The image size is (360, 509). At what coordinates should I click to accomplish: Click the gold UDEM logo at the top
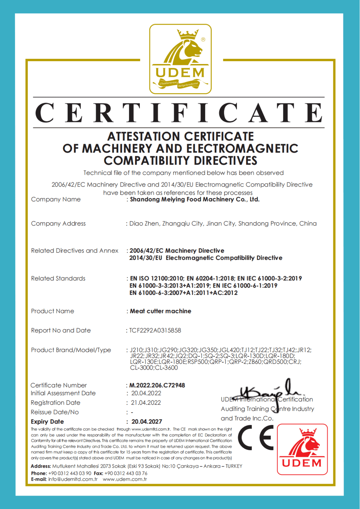coord(180,59)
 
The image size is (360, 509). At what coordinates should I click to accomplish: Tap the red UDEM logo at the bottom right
coord(302,449)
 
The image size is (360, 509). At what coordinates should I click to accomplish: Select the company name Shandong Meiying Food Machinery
coord(195,200)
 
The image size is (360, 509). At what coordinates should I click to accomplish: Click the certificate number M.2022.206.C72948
coord(157,385)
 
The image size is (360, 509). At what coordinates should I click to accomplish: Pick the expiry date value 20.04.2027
coord(147,422)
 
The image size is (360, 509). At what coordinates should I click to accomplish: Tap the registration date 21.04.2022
coord(146,403)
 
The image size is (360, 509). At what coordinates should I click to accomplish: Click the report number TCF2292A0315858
coord(155,330)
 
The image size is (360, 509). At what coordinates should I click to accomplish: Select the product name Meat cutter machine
coord(160,311)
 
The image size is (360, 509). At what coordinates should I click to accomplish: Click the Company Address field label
coord(58,224)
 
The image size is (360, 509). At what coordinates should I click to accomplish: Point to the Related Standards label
coord(58,278)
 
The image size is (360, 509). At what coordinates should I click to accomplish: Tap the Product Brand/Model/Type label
coord(71,350)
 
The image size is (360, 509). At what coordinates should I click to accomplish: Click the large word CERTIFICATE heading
coord(179,113)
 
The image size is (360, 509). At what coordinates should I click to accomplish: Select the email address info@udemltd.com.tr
coord(73,479)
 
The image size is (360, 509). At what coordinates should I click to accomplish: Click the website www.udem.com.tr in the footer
coord(125,479)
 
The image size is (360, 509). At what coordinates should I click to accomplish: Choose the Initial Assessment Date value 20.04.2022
coord(146,393)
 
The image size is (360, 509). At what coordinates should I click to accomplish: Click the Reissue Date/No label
coord(55,412)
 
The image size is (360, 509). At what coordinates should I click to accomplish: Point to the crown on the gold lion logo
coord(188,33)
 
